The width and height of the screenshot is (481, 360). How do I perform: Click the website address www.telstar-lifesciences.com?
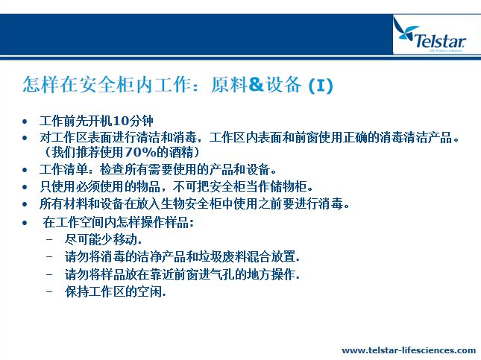point(409,350)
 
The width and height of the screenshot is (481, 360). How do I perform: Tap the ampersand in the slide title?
point(256,84)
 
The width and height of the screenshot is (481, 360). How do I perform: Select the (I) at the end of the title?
point(321,86)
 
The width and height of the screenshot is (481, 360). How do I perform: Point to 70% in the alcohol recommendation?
point(140,152)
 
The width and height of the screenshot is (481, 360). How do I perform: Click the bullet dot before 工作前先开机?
point(25,121)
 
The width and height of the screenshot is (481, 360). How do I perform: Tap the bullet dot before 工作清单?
point(25,170)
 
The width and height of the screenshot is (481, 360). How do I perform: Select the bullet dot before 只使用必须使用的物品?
point(25,187)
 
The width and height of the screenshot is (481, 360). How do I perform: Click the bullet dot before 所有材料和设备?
point(25,204)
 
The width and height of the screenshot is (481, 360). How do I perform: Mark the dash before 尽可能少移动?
point(49,239)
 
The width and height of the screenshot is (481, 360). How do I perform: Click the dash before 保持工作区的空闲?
point(49,290)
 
